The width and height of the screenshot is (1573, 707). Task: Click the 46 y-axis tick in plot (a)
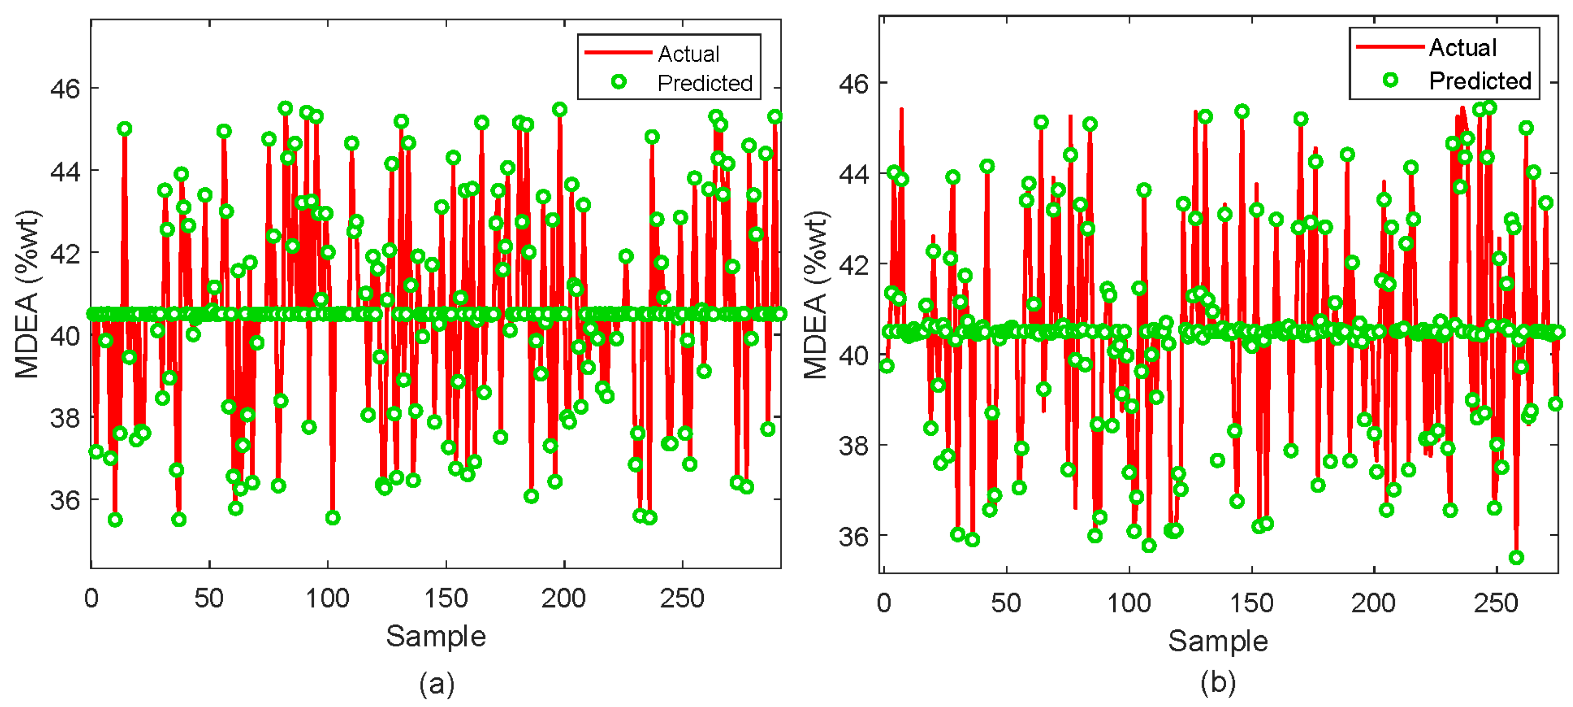(x=65, y=89)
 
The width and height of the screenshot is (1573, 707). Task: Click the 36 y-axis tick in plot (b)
(x=854, y=537)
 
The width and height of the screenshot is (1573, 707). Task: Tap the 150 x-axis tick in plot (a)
(x=446, y=598)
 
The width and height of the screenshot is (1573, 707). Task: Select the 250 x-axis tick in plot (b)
(x=1495, y=603)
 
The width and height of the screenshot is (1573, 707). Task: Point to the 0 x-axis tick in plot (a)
(x=91, y=598)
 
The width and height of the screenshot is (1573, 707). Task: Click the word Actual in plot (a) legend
(x=688, y=54)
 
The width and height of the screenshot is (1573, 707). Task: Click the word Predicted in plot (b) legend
(x=1479, y=81)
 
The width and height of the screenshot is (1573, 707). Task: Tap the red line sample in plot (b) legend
(x=1390, y=47)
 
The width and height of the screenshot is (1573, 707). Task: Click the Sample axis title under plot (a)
(x=436, y=636)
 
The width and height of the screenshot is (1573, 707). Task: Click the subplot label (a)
(x=437, y=683)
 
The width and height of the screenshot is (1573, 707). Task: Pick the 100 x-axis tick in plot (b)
(x=1129, y=603)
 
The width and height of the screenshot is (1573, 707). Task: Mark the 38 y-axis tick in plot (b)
(x=854, y=446)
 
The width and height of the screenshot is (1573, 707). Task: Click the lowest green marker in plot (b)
(x=1516, y=557)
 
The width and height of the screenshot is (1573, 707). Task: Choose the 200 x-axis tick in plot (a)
(x=563, y=598)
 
